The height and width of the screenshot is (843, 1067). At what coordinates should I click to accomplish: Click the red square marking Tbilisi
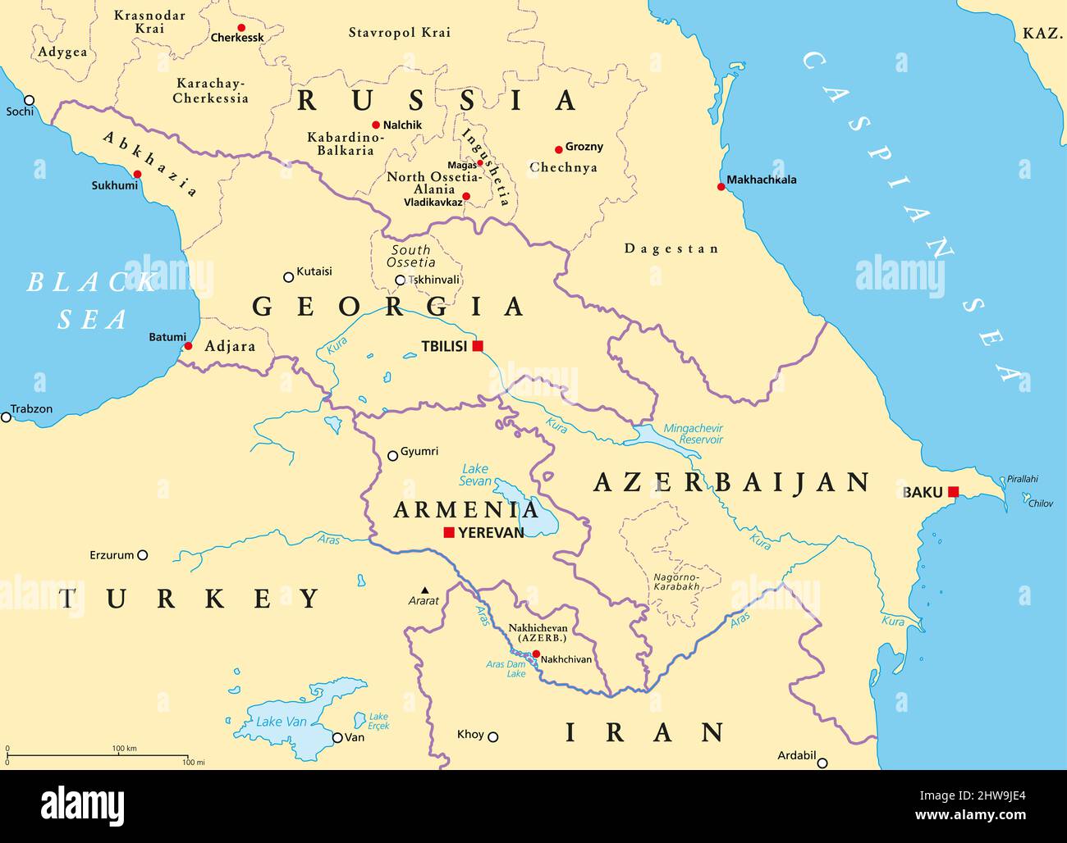[x=478, y=346]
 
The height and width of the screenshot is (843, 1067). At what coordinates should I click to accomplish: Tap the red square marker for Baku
[x=953, y=492]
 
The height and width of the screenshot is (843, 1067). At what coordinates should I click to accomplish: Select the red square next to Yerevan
[x=449, y=532]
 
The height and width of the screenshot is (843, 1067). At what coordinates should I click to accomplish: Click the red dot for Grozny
[x=559, y=149]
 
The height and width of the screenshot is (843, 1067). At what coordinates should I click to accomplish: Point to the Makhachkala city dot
[x=721, y=187]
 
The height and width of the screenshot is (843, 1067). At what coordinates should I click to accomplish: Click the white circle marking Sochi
[x=30, y=99]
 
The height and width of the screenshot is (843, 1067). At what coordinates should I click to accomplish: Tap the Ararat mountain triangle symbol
[x=424, y=590]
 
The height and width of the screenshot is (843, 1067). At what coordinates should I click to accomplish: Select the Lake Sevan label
[x=476, y=476]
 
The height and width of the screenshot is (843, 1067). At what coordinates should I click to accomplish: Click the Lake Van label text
[x=281, y=722]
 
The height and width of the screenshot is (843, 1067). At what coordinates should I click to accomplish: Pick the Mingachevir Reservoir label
[x=694, y=434]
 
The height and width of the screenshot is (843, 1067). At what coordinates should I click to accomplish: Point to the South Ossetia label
[x=412, y=256]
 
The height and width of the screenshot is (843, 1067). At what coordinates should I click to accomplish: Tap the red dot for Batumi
[x=188, y=346]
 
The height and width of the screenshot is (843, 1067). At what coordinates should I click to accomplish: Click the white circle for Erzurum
[x=143, y=555]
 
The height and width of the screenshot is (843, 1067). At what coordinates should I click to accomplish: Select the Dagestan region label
[x=671, y=248]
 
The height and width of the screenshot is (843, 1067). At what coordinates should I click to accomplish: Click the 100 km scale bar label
[x=125, y=748]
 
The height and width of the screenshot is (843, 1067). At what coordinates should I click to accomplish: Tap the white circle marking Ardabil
[x=822, y=763]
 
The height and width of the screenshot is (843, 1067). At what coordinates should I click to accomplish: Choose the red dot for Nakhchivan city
[x=536, y=654]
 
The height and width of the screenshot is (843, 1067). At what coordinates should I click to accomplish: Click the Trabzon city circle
[x=7, y=417]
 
